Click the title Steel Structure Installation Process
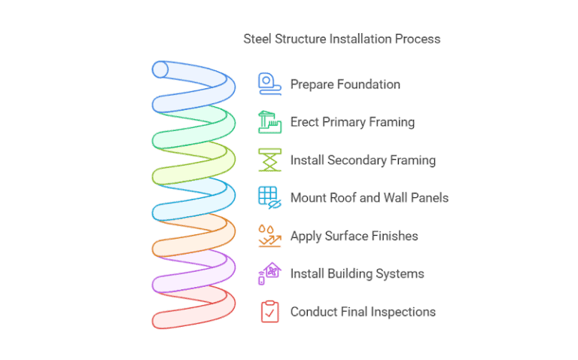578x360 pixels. click(342, 38)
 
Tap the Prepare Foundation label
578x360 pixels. click(345, 84)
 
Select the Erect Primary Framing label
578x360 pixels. click(352, 122)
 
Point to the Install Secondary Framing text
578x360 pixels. click(363, 160)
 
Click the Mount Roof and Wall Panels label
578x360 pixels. click(370, 198)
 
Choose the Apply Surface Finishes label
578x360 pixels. click(354, 236)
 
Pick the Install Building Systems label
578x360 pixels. click(357, 273)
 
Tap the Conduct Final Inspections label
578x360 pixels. click(363, 312)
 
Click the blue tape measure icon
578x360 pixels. click(269, 83)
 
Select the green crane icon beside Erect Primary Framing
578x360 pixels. click(269, 121)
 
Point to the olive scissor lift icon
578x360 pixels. click(269, 160)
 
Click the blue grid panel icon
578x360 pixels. click(269, 197)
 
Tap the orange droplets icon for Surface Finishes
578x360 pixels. click(269, 236)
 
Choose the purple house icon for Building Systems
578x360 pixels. click(269, 273)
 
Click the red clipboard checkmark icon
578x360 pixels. click(269, 312)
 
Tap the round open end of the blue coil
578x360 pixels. click(160, 70)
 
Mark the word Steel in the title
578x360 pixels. click(257, 38)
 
